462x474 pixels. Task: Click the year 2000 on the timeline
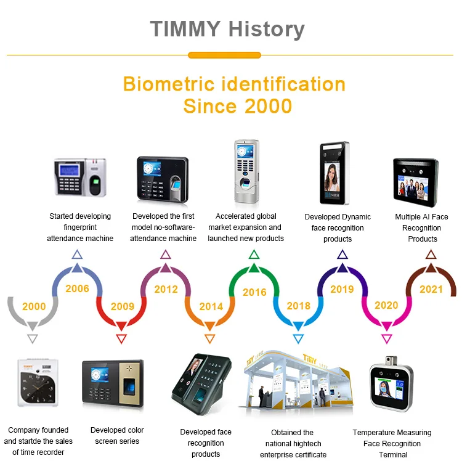(x=34, y=306)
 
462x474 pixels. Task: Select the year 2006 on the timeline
(x=77, y=288)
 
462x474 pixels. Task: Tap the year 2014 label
(x=211, y=306)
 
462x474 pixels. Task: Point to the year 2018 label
(x=299, y=306)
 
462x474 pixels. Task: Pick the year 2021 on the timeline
(x=431, y=289)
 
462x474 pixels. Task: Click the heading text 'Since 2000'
(x=237, y=105)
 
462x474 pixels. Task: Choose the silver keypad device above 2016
(x=245, y=171)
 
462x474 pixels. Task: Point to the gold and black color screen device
(x=113, y=383)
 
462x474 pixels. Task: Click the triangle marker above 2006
(x=77, y=254)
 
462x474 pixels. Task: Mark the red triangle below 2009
(x=121, y=338)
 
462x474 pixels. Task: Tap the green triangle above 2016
(x=254, y=254)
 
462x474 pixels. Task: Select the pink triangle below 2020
(x=387, y=338)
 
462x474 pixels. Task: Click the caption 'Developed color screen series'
(x=117, y=436)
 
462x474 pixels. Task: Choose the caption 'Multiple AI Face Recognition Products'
(x=422, y=227)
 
